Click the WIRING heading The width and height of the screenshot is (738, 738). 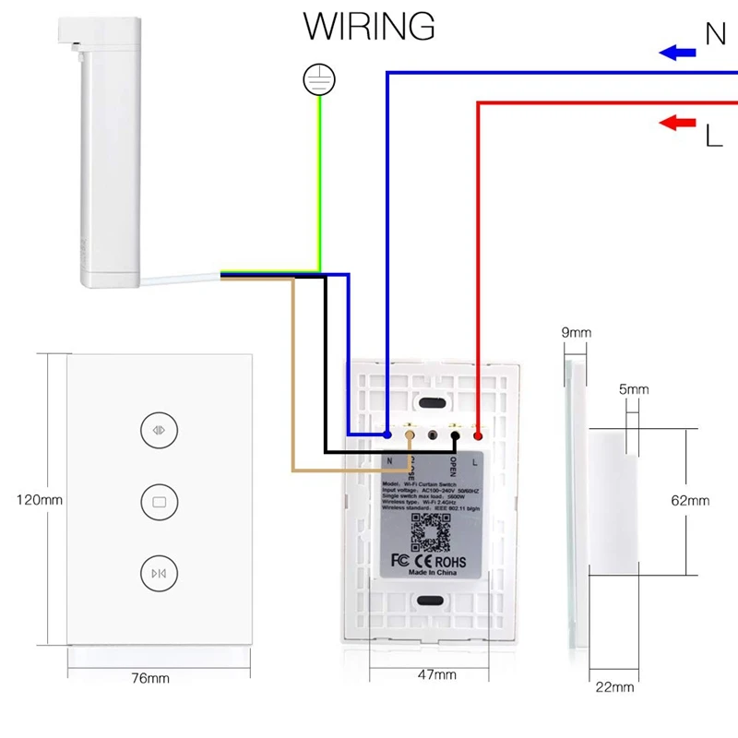click(369, 26)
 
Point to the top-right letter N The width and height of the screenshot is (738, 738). click(716, 35)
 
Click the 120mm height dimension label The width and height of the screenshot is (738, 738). click(39, 501)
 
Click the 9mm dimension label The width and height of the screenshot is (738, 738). click(576, 332)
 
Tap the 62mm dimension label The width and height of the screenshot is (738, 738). click(690, 501)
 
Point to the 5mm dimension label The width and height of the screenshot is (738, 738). click(633, 389)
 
